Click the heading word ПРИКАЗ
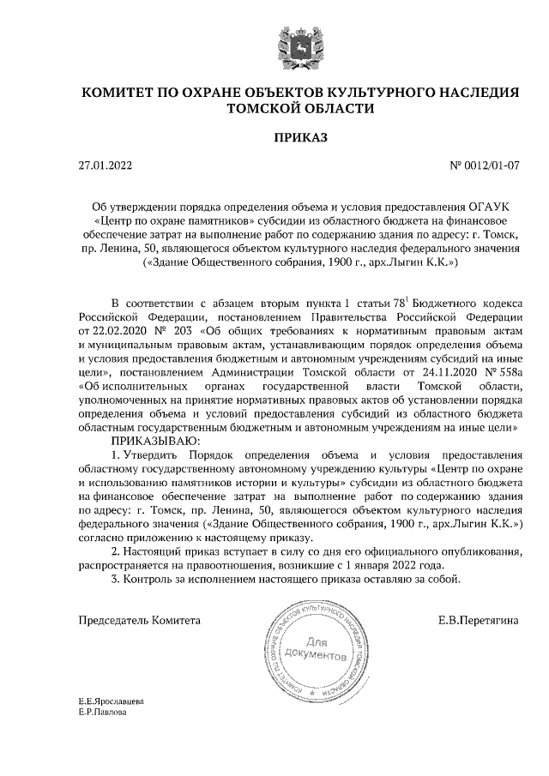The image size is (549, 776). [300, 136]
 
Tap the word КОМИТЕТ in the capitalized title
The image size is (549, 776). [123, 92]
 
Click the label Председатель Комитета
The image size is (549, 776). [140, 619]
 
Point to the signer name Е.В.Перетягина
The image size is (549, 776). [479, 619]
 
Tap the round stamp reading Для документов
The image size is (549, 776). [318, 648]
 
